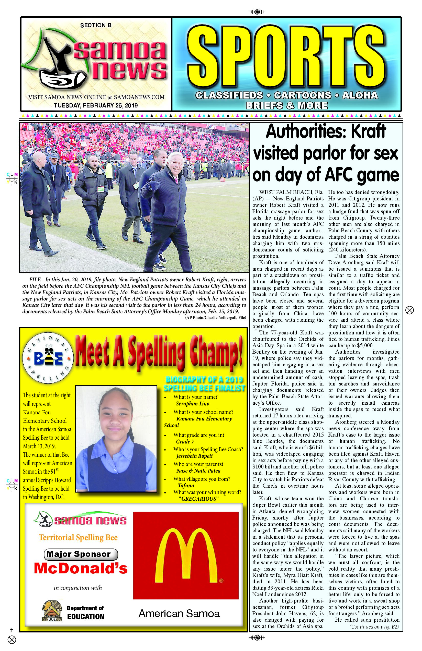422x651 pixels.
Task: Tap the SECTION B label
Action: pos(96,26)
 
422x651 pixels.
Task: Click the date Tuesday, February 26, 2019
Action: pos(96,105)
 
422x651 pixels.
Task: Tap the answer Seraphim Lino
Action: pos(193,404)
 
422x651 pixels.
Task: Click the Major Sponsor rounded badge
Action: pos(81,554)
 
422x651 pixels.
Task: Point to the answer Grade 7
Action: pos(185,441)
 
